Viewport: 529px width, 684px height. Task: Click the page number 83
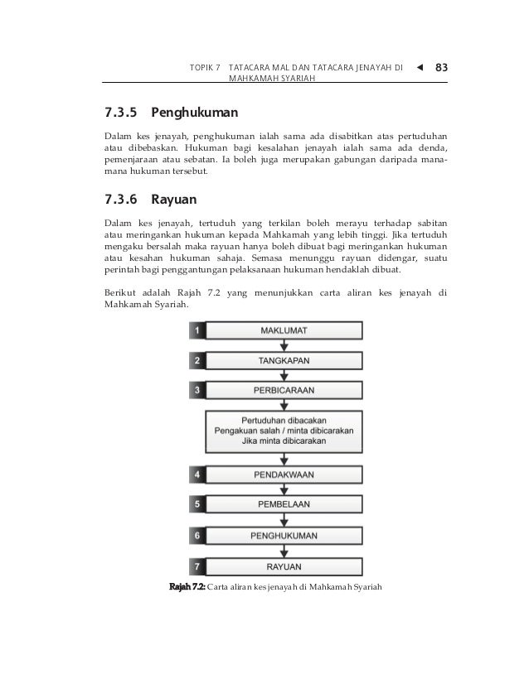click(439, 65)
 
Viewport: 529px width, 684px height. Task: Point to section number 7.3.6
click(122, 200)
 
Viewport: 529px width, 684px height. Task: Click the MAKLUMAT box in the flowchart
click(284, 330)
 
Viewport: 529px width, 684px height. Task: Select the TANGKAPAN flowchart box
click(284, 360)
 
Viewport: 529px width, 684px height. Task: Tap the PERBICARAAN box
click(284, 390)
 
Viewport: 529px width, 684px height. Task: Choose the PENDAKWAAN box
click(284, 475)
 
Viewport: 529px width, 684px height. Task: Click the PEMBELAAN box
click(284, 503)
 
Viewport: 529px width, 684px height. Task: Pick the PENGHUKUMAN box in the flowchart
click(284, 536)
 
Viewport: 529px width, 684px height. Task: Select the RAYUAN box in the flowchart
click(284, 567)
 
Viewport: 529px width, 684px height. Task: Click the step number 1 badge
click(197, 330)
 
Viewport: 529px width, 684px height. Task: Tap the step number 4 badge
click(197, 475)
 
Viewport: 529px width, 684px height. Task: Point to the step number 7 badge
click(197, 567)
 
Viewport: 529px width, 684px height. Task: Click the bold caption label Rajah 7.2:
click(187, 587)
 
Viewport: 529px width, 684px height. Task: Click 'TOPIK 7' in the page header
click(206, 65)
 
